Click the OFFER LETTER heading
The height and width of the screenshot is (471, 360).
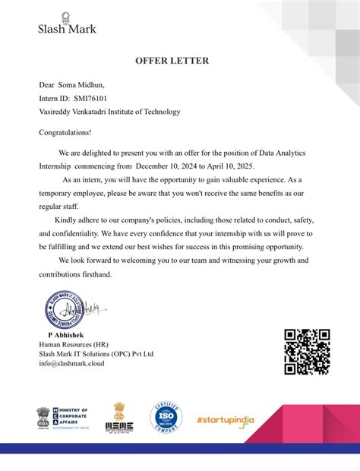(172, 60)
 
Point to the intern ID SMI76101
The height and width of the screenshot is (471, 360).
(90, 98)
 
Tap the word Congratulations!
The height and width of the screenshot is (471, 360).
(65, 132)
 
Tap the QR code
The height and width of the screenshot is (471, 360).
(307, 352)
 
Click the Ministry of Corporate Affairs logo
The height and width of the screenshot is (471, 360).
(62, 419)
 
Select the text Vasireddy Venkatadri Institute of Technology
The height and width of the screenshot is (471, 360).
(109, 112)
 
